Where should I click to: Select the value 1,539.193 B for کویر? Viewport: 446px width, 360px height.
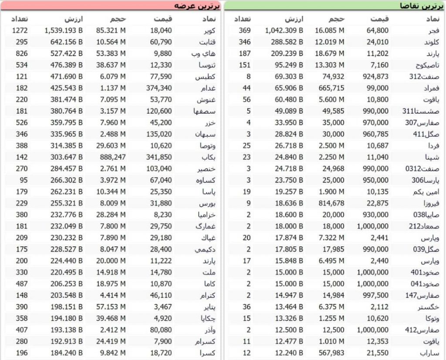point(64,30)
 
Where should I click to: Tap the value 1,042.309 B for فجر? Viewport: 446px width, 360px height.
point(284,30)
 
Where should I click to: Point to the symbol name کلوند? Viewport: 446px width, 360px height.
point(431,42)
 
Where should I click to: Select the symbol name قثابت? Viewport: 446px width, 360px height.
point(207,42)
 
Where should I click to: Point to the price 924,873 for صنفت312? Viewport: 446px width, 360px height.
point(375,77)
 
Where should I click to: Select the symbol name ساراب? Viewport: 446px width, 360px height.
point(431,353)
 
